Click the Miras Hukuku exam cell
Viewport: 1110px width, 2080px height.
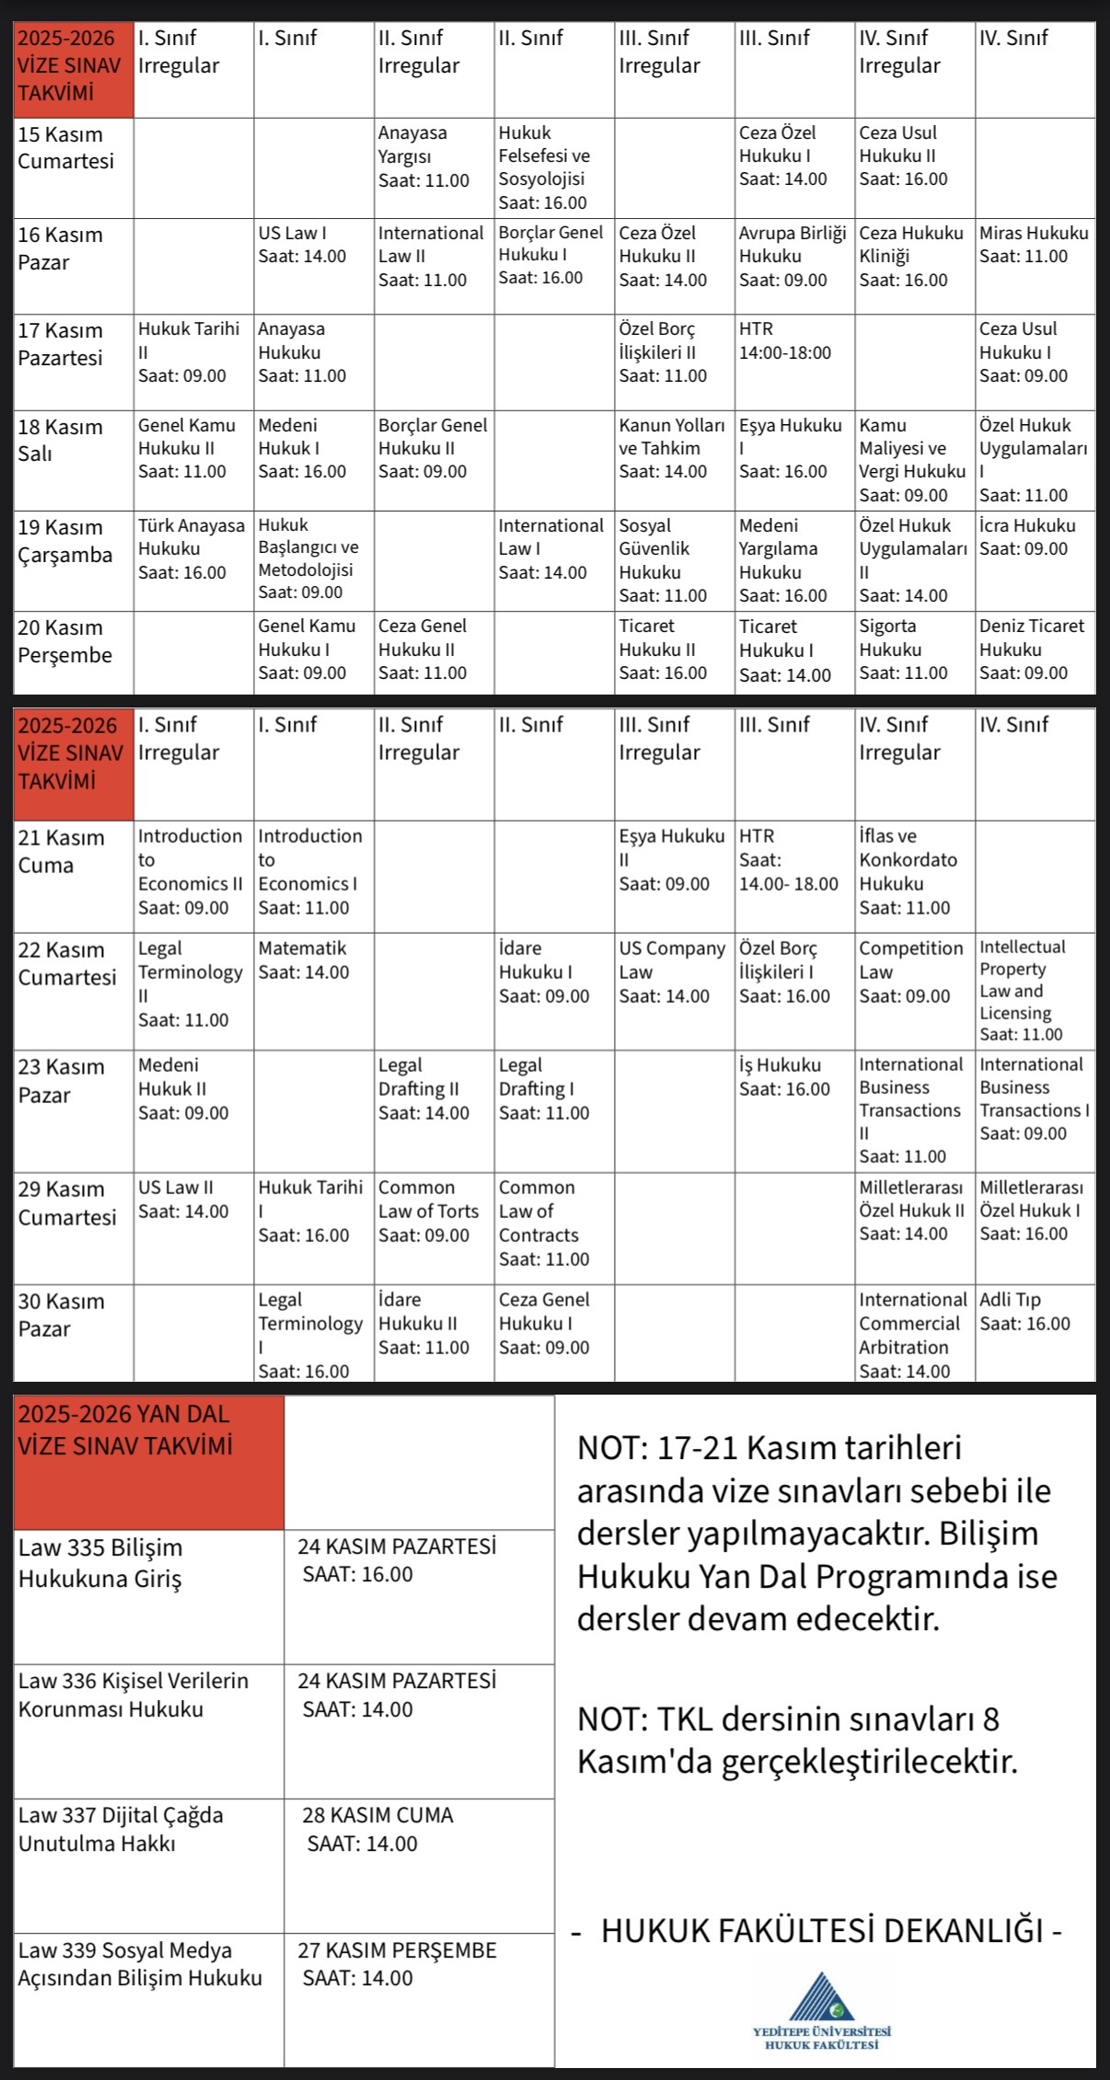pos(1035,265)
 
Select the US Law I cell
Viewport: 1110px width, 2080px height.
pos(313,265)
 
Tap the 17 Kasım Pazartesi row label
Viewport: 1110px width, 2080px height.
pos(73,362)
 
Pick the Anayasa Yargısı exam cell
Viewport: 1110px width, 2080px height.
pos(434,167)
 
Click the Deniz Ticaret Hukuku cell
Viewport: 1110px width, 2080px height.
pos(1035,651)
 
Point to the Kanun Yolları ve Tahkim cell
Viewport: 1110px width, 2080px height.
pos(674,459)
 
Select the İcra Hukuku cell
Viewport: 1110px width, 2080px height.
pos(1035,559)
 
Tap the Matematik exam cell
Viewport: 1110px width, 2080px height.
pos(313,991)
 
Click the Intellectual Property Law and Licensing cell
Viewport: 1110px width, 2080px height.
pos(1035,991)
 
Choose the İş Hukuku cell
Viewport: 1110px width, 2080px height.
pos(794,1109)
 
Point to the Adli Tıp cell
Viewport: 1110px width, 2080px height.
pos(1035,1331)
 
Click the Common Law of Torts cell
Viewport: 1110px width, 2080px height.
pos(434,1227)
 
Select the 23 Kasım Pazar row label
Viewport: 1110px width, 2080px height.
pos(73,1109)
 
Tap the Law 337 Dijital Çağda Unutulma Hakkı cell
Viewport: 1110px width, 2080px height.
pos(148,1864)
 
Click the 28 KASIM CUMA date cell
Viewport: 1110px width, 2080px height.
pos(419,1864)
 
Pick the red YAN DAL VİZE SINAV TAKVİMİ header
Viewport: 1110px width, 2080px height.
pos(148,1462)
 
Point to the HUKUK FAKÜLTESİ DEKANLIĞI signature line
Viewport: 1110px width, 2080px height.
pos(819,1929)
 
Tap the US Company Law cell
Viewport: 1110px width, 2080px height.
pos(674,991)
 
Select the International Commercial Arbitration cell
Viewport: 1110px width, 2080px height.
pos(914,1331)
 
